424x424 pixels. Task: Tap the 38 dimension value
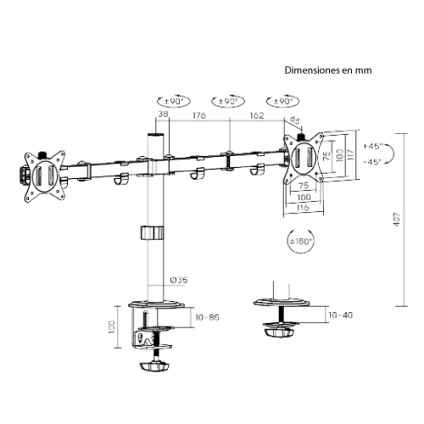[163, 114]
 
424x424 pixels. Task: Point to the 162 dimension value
[255, 114]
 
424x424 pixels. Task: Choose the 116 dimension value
[303, 207]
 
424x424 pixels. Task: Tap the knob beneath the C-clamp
[153, 367]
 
